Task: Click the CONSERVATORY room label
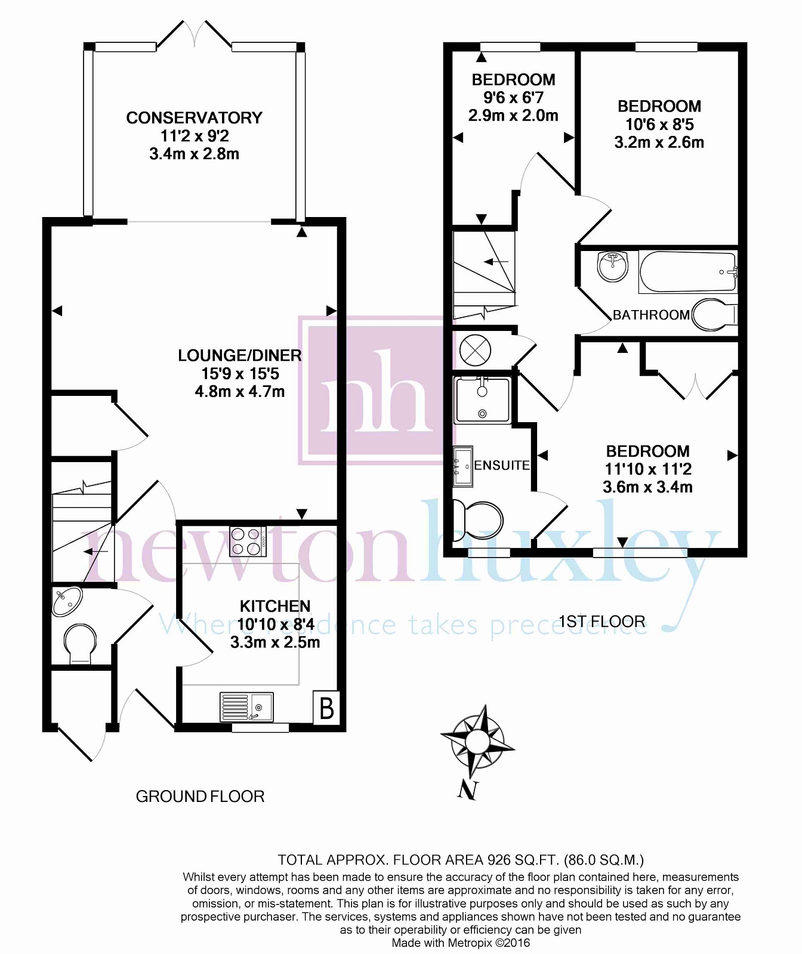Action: tap(194, 118)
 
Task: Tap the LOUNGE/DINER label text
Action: tap(240, 356)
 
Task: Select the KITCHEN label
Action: tap(275, 606)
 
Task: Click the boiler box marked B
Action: tap(327, 708)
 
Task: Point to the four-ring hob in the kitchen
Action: tap(248, 541)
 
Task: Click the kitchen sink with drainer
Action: tap(246, 707)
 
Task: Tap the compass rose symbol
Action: tap(477, 741)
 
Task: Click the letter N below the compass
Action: tap(468, 791)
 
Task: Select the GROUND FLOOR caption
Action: tap(200, 797)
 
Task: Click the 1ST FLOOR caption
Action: tap(601, 622)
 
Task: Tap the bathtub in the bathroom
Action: tap(688, 272)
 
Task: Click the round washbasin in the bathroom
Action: tap(612, 266)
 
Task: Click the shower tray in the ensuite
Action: tap(483, 399)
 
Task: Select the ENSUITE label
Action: tap(502, 465)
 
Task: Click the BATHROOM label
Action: tap(652, 315)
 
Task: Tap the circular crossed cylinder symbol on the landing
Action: tap(476, 349)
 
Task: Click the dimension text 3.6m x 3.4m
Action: tap(647, 487)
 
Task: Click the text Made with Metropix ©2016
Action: tap(461, 943)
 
